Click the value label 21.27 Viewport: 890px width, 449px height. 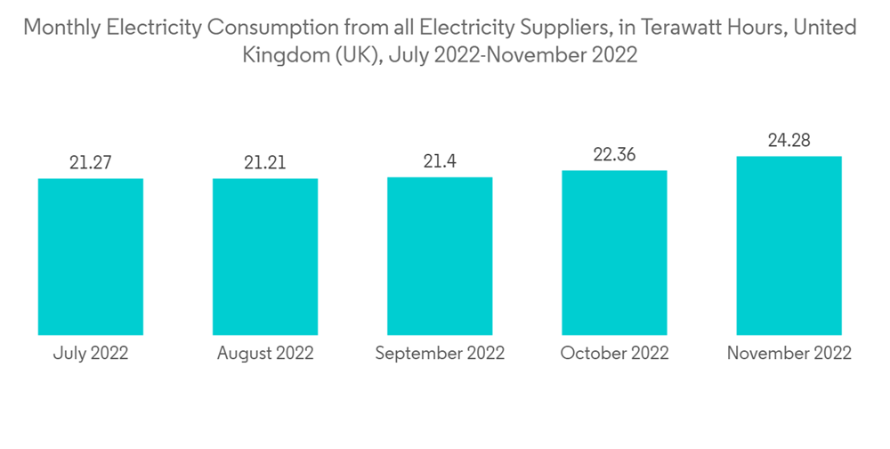point(91,163)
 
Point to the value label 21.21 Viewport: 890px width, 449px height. point(265,163)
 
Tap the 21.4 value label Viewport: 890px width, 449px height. point(440,162)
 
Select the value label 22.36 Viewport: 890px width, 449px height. point(614,154)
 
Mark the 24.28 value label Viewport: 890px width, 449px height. point(789,141)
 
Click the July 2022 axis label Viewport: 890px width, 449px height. point(91,353)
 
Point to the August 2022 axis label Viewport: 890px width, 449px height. point(265,353)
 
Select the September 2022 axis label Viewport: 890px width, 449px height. point(440,353)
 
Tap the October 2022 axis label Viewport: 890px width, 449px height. point(614,353)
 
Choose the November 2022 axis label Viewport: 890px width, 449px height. point(789,353)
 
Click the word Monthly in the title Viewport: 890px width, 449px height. point(61,28)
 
